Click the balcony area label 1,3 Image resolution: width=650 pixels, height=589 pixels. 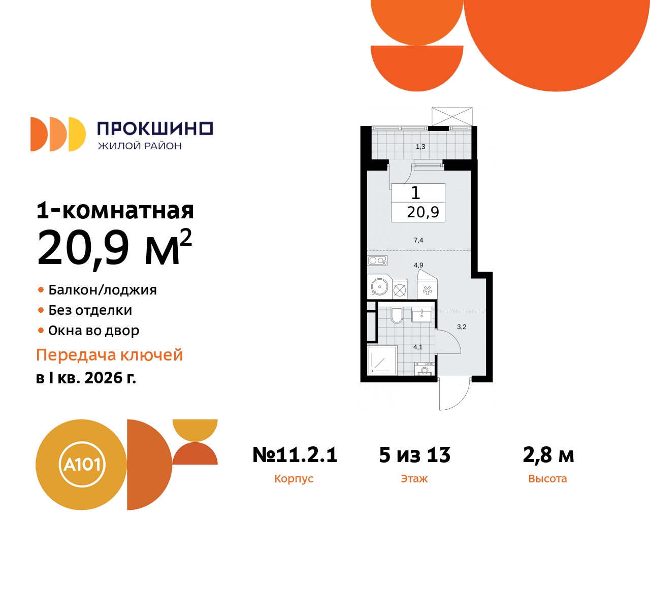pos(420,147)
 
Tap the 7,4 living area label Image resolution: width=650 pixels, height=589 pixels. pos(418,240)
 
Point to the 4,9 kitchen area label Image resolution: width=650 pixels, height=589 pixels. pos(418,265)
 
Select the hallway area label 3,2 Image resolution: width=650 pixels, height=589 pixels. pos(462,327)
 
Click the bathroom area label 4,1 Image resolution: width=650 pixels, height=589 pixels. pos(418,347)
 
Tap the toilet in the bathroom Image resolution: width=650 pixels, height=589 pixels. pos(397,315)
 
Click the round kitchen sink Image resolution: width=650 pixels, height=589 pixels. pos(379,287)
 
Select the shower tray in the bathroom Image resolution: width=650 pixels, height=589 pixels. pos(382,361)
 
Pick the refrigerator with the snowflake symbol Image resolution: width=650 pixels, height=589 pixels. pos(427,290)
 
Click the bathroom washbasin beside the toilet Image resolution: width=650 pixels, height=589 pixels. pos(421,315)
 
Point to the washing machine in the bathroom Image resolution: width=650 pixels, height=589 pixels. pos(425,369)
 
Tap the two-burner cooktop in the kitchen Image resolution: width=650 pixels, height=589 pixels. pos(377,260)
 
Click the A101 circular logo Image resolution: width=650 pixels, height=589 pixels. pos(82,464)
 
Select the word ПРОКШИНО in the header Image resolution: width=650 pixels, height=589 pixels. pos(155,128)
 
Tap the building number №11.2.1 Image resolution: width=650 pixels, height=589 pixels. pos(295,455)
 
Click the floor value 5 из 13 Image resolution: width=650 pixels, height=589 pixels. pos(414,455)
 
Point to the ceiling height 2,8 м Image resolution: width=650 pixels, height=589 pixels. pos(548,455)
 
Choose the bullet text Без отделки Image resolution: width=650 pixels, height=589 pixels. pos(90,310)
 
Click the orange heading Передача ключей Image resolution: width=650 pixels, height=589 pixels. pos(109,355)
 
